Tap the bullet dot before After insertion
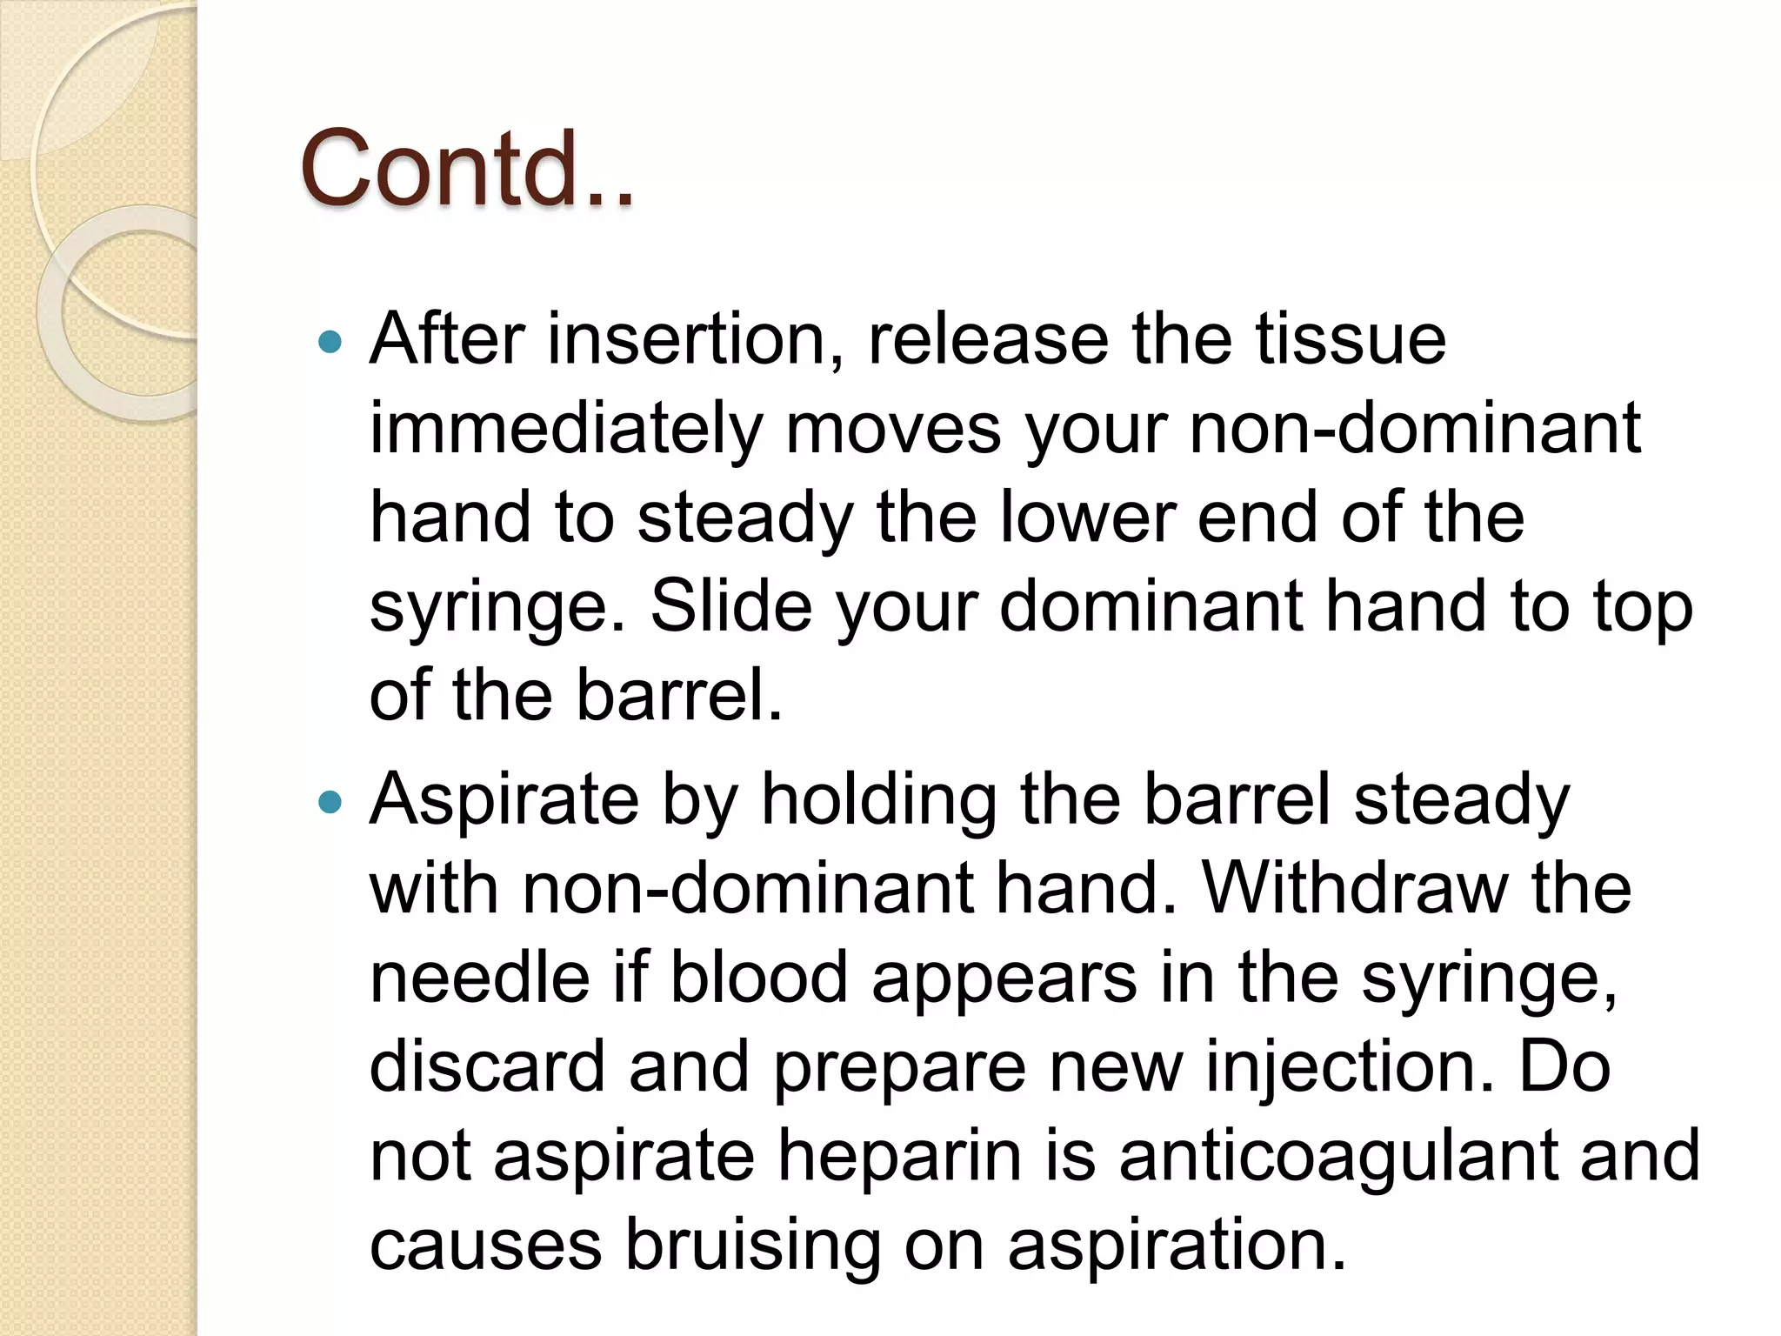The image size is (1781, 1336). tap(330, 342)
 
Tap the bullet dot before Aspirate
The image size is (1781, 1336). tap(330, 802)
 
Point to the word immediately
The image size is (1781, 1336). tap(565, 429)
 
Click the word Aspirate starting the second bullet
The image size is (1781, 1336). tap(504, 800)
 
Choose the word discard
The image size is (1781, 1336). tap(487, 1065)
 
